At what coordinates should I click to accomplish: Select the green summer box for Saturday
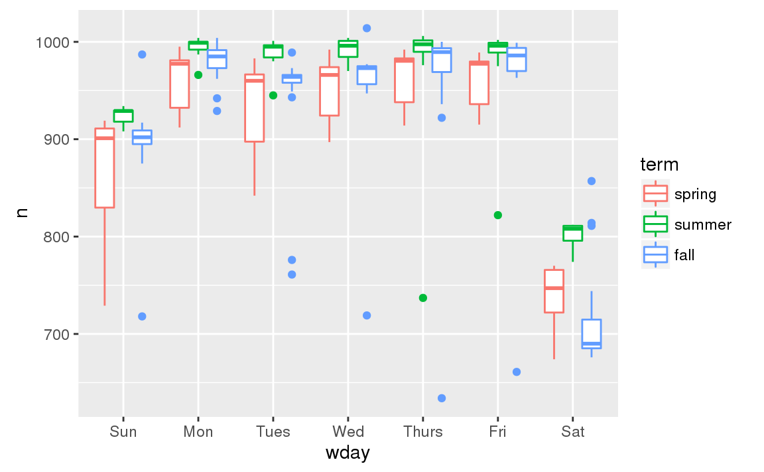pos(572,233)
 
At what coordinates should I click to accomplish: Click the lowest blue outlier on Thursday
pos(442,398)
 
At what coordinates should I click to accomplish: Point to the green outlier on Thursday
pos(422,298)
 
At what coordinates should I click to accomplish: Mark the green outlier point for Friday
pos(497,215)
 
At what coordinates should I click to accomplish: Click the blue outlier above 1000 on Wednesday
pos(367,28)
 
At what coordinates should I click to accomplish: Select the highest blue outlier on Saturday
pos(592,181)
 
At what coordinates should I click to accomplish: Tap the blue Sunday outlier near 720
pos(142,317)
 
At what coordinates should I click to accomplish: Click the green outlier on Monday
pos(198,75)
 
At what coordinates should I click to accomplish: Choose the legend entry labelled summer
pos(703,225)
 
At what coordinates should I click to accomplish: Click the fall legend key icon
pos(655,255)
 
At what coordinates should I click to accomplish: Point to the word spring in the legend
pos(695,195)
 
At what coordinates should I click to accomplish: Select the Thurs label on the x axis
pos(422,433)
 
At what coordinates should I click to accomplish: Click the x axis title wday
pos(348,454)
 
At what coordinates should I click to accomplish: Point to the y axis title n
pos(22,213)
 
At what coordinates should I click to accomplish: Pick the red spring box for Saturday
pos(554,291)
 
